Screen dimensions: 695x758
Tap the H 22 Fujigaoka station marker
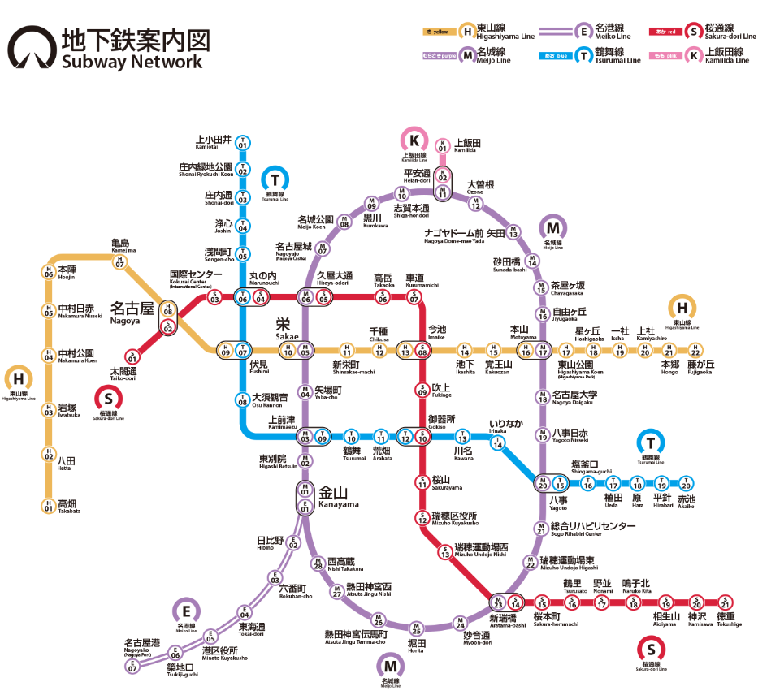click(695, 351)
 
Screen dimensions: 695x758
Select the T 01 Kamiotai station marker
click(242, 143)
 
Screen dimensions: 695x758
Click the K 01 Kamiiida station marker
click(443, 147)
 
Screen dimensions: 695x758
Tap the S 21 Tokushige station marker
click(726, 602)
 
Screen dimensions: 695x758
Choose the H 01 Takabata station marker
click(49, 507)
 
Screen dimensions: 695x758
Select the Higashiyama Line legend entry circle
click(467, 32)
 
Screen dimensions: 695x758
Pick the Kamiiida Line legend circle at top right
click(694, 56)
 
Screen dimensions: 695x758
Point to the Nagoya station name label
click(132, 311)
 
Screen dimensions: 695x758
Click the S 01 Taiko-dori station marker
click(132, 356)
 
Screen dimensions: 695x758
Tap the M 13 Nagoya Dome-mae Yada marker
click(513, 234)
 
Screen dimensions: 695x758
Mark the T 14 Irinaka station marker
click(498, 443)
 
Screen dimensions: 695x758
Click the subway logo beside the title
click(29, 49)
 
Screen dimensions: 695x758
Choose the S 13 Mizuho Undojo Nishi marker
click(445, 552)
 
